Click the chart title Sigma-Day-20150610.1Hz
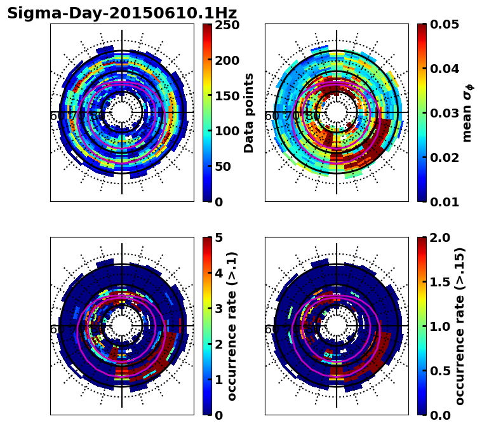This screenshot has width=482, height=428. pos(122,13)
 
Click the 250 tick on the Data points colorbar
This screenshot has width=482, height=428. pos(227,25)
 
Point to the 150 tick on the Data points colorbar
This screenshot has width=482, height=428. pos(227,96)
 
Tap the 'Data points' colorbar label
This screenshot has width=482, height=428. pos(249,112)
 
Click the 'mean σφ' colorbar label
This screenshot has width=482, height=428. pos(467,112)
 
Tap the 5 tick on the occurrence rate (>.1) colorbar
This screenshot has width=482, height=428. pos(218,238)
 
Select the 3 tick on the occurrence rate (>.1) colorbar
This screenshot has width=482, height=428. pos(218,309)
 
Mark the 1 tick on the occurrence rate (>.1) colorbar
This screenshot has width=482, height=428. pos(218,380)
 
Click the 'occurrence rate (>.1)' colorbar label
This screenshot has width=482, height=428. pos(232,326)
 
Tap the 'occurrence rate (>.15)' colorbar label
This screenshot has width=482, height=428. pos(460,326)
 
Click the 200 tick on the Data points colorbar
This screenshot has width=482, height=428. pos(227,60)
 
